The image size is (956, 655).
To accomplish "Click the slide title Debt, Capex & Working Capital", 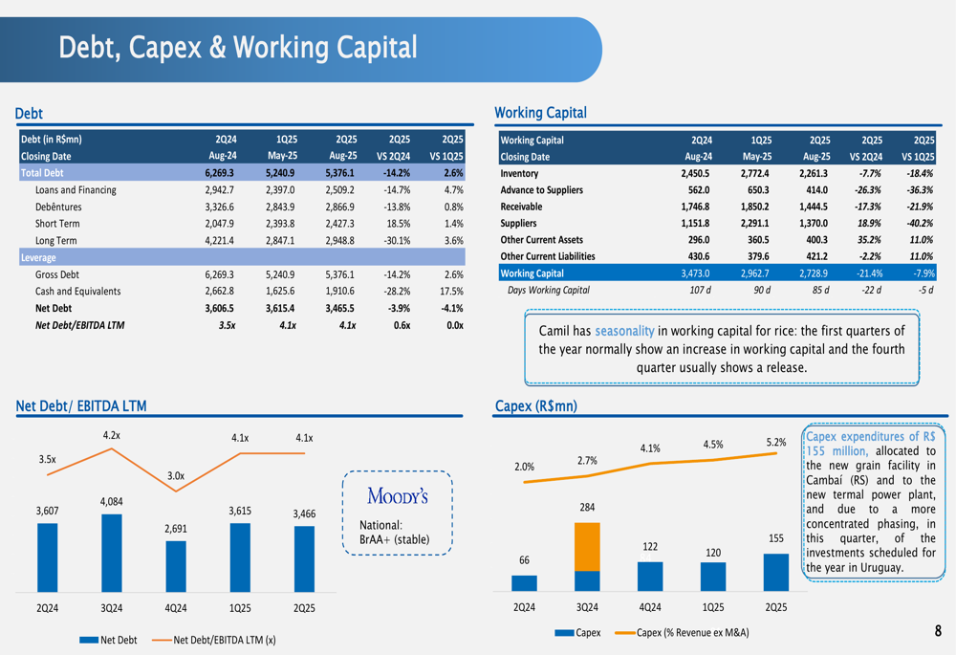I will [238, 48].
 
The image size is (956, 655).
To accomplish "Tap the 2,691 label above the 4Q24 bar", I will [176, 528].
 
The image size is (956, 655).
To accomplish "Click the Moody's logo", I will [397, 495].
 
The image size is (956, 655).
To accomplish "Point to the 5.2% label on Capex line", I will [775, 442].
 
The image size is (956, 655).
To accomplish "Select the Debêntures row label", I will [58, 207].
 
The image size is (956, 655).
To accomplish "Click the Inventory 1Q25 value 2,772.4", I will [754, 173].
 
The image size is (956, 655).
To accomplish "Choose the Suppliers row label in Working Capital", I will [522, 223].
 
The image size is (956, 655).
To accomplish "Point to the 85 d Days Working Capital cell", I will [816, 290].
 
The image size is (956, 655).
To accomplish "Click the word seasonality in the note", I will [624, 331].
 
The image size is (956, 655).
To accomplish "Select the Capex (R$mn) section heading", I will [535, 407].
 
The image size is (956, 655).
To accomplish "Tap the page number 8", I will [938, 631].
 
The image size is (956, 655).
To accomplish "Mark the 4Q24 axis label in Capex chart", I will [650, 607].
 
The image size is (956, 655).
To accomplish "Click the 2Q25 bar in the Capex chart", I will [776, 572].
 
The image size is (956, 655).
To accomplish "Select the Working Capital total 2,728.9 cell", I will [816, 273].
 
